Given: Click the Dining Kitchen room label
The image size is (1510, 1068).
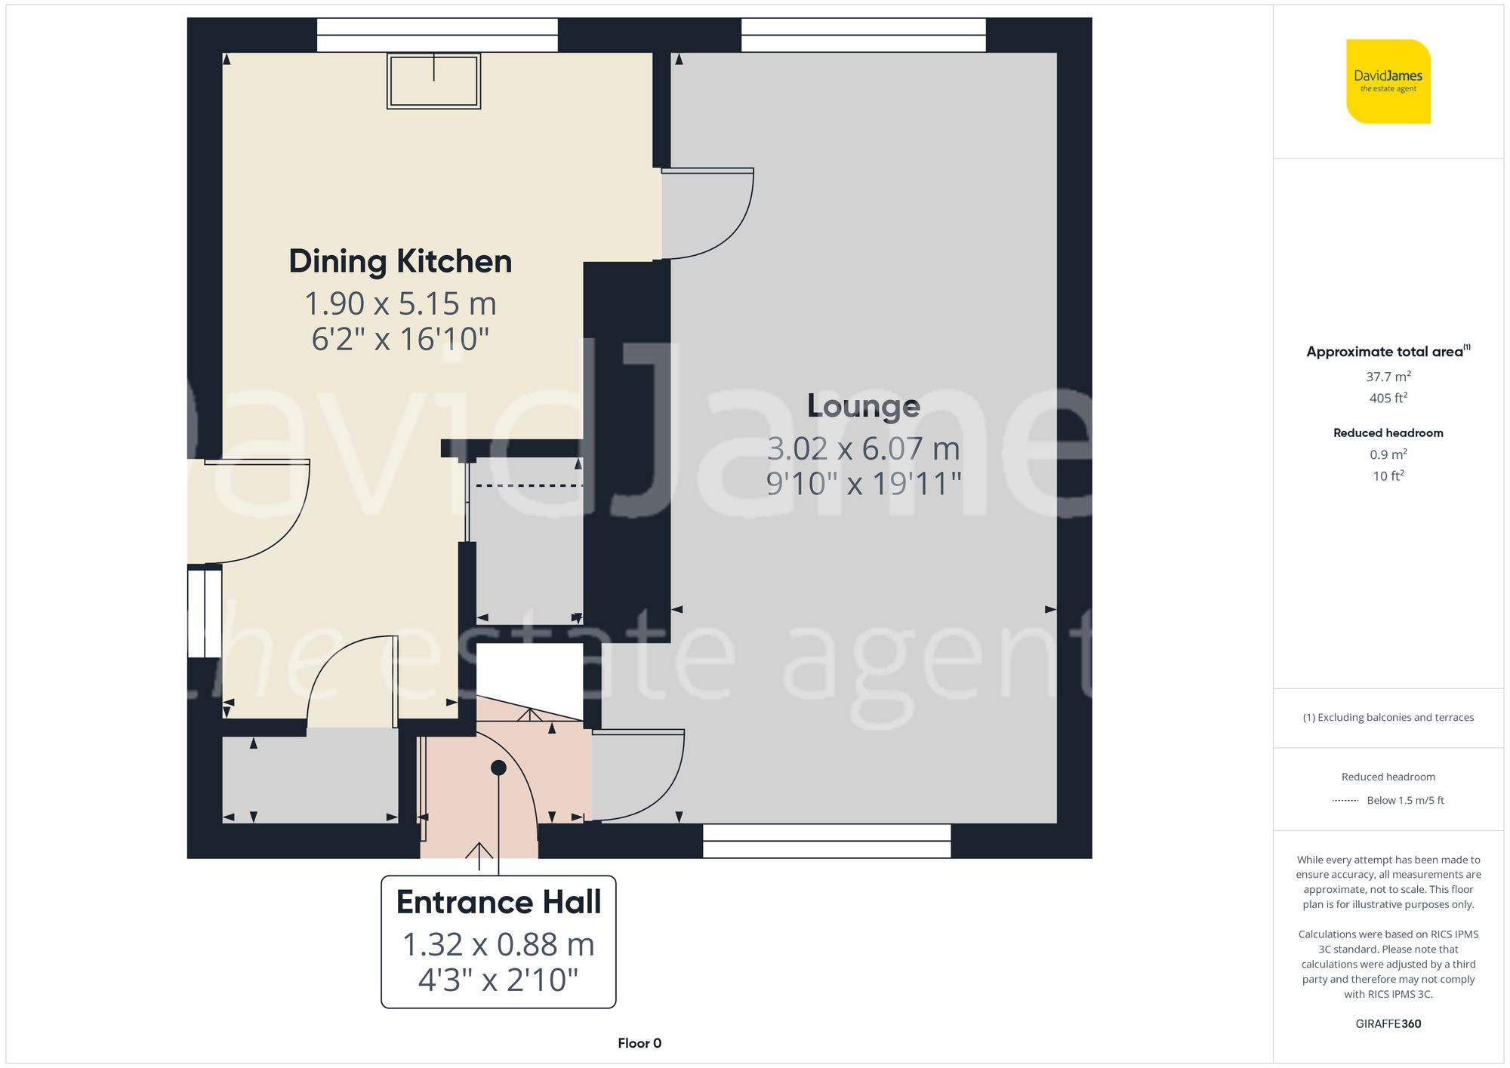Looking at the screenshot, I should [400, 262].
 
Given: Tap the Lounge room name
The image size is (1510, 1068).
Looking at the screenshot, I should [863, 406].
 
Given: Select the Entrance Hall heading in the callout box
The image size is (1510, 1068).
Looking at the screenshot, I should [498, 903].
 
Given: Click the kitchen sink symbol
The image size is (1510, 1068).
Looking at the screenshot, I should [433, 81].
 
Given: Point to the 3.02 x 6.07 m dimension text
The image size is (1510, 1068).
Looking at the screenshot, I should [863, 449].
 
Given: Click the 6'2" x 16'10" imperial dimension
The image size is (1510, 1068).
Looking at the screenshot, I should [400, 340].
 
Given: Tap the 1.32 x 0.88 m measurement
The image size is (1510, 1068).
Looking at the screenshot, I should [498, 945].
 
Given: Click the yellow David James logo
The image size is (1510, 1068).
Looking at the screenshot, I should [1388, 82].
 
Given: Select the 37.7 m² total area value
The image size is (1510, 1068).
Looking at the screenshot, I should [1388, 377].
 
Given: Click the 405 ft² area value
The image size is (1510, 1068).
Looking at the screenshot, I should [1388, 398].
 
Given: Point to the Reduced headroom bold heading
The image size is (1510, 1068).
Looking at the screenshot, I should [1388, 432].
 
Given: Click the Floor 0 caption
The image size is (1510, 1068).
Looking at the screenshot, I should [639, 1043].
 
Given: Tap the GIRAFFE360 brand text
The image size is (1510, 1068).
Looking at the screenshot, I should [1388, 1023].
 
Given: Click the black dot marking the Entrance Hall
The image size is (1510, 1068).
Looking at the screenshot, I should [498, 768].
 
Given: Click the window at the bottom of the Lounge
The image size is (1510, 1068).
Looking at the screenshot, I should [826, 841].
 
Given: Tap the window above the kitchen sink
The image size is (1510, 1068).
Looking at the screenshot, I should [436, 35].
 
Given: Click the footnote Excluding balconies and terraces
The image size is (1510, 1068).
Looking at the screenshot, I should [1388, 717].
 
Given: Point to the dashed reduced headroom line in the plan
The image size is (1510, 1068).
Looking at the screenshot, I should [528, 485].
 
